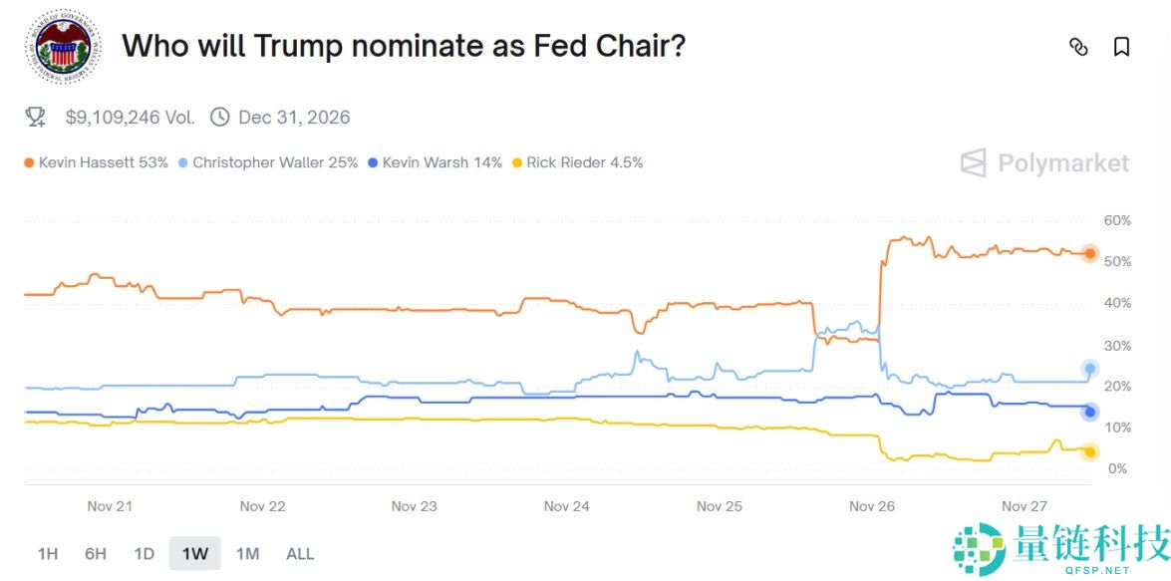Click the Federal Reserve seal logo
(63, 47)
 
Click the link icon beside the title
(1078, 47)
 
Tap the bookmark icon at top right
(1121, 47)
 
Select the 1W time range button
(194, 553)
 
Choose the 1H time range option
(47, 553)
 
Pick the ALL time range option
(300, 553)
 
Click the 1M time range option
(247, 553)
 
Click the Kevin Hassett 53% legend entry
(96, 162)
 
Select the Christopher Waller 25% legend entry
(267, 162)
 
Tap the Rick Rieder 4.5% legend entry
(577, 162)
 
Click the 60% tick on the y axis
(1117, 220)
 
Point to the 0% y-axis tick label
(1117, 468)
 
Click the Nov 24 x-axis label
(566, 506)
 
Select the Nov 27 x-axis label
(1024, 506)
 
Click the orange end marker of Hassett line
(1089, 254)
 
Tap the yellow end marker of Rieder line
(1089, 451)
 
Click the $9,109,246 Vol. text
(130, 118)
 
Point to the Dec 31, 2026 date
(294, 118)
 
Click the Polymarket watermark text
(1062, 163)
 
